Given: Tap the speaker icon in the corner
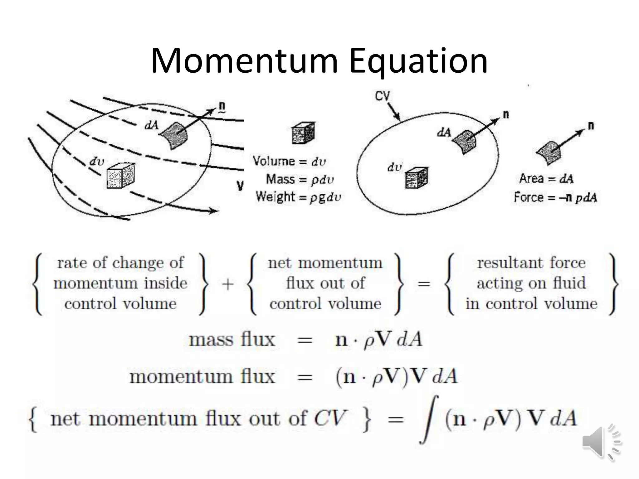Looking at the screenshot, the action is (601, 442).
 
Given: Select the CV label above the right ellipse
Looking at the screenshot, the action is (382, 96).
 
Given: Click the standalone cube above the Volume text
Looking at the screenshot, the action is (303, 133).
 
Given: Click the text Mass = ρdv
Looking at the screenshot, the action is (300, 179).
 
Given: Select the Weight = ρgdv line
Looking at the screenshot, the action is (298, 197).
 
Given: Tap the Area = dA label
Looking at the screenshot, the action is (546, 179).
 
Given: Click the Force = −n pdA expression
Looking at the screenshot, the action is (555, 197).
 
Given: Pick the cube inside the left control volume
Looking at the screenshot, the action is (120, 176).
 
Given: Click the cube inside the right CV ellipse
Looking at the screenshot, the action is (417, 178).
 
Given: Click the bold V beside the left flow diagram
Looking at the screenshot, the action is (240, 186).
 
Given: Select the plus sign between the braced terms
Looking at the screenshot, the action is (228, 284).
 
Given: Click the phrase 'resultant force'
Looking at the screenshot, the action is (531, 263).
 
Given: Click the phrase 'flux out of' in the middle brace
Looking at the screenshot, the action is (325, 283).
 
